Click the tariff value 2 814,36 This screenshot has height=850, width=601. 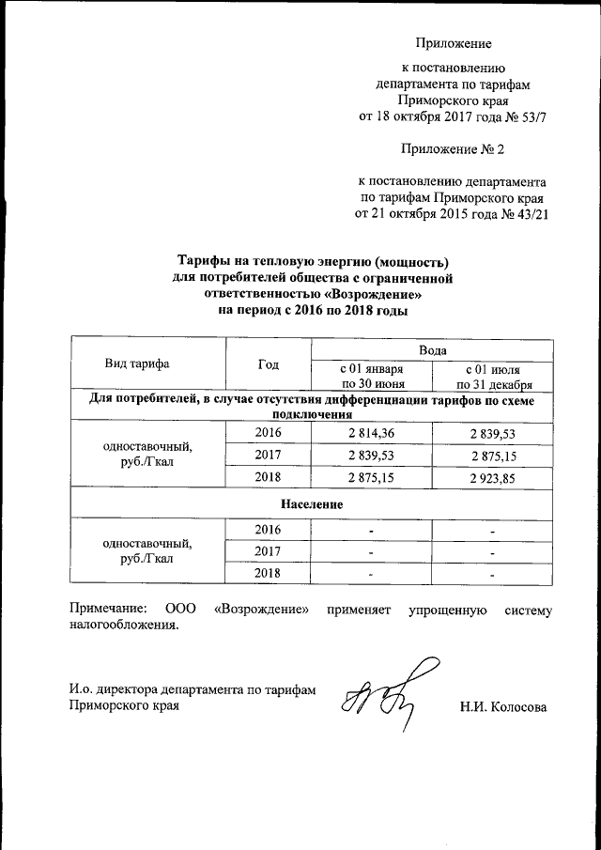click(373, 432)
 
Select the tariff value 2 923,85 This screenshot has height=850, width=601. click(494, 478)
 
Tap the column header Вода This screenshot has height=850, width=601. click(432, 348)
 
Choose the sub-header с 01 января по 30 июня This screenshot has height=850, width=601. click(373, 377)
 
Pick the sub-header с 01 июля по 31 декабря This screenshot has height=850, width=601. click(494, 377)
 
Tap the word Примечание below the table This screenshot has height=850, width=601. click(109, 610)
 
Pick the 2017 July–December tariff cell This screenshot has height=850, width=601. click(494, 456)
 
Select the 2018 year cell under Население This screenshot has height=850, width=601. click(269, 573)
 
